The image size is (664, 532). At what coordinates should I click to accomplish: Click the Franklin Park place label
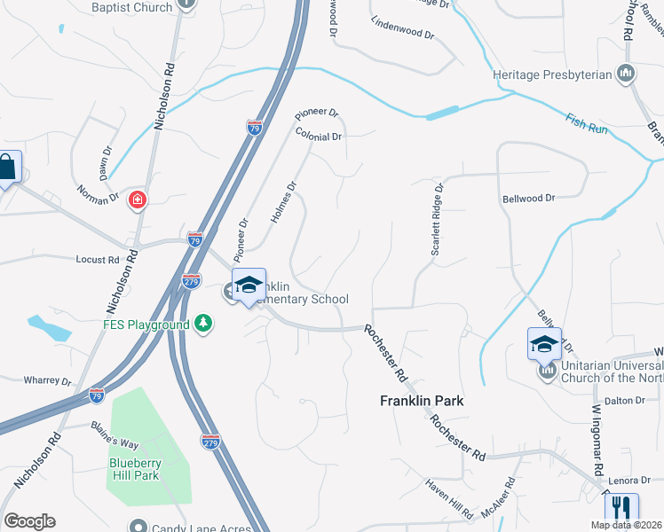422,401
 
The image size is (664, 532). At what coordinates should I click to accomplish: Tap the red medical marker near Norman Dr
138,200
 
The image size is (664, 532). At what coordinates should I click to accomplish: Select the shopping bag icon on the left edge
7,167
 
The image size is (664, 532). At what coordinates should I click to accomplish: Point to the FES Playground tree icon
204,324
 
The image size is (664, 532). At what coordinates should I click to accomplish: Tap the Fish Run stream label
586,123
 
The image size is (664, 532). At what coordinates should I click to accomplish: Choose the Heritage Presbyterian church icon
627,74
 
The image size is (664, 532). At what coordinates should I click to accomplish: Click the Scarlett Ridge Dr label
436,220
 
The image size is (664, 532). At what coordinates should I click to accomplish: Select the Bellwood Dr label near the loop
527,199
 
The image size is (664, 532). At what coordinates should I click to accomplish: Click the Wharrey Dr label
47,381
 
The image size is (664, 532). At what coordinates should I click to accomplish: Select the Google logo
29,521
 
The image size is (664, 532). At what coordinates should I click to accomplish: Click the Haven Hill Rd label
448,497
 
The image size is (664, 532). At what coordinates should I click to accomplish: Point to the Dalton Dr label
626,400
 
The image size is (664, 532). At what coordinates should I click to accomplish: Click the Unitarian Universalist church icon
547,371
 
